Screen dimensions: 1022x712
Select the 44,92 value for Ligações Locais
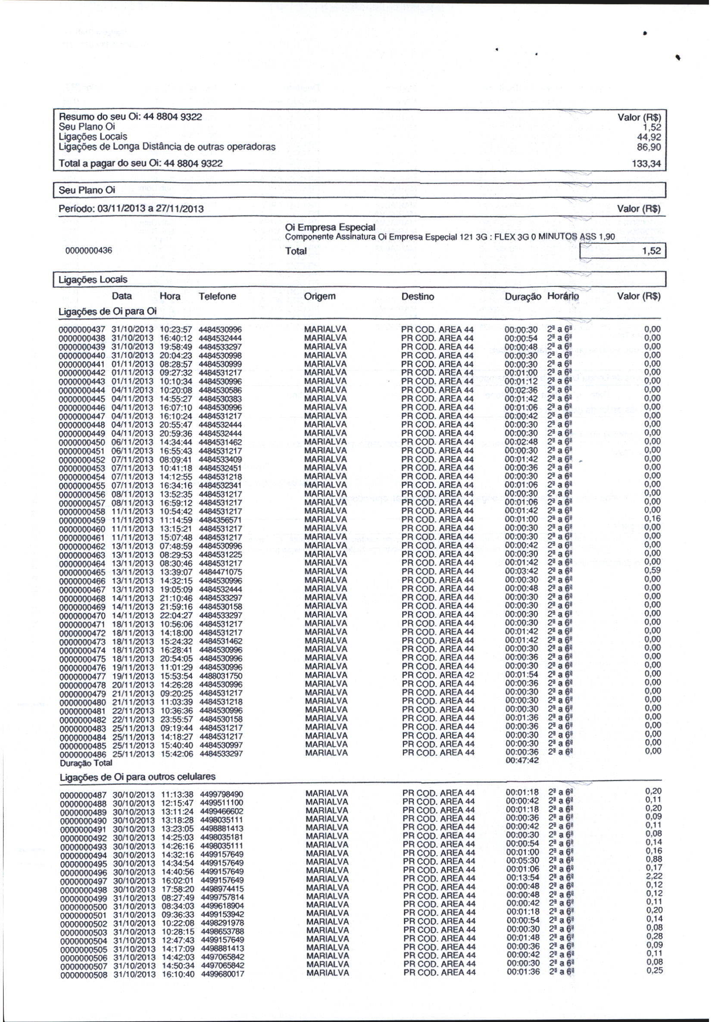[x=649, y=137]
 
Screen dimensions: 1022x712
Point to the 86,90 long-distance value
[x=649, y=147]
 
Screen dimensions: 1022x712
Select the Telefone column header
[x=217, y=296]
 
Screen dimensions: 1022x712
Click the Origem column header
[x=320, y=296]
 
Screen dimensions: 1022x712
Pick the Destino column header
[x=417, y=296]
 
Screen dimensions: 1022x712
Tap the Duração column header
[x=523, y=296]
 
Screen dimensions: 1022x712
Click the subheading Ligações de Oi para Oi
[x=108, y=312]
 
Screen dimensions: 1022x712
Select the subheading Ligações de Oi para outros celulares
[x=137, y=777]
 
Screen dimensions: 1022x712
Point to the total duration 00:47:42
[x=522, y=760]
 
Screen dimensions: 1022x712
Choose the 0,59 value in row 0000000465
[x=653, y=570]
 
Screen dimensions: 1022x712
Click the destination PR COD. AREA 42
[x=438, y=674]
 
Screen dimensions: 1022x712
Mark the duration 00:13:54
[x=523, y=878]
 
